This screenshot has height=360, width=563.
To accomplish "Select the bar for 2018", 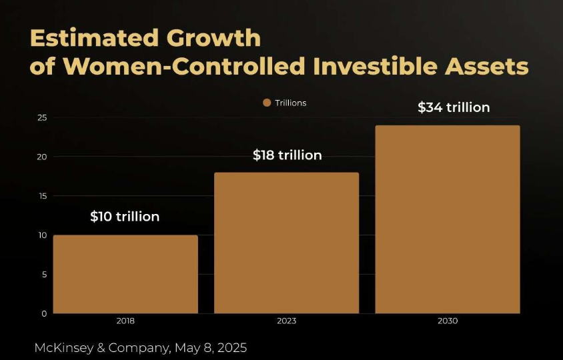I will point(125,274).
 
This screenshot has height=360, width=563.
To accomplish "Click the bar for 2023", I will point(286,243).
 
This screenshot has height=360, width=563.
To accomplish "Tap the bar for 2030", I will point(447,219).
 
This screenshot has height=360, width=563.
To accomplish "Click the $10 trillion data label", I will point(125,217).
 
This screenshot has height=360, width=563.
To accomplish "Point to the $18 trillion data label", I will point(287,155).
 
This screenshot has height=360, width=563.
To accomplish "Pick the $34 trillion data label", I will point(454,107).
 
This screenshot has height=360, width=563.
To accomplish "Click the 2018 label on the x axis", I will point(125,321).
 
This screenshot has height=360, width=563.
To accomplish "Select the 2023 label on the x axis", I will point(286,321).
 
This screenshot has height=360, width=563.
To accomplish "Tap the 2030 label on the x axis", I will point(448,321).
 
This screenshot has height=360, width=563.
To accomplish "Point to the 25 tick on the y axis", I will point(42,118).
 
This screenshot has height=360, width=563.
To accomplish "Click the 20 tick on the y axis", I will point(42,157).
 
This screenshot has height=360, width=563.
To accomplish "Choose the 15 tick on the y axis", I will point(42,196).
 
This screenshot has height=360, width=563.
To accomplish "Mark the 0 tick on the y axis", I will point(44,313).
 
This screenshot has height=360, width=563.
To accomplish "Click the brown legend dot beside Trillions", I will point(267,103).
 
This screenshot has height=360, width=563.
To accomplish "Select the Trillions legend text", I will point(290,103).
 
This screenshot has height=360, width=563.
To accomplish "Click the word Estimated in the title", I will point(88,38).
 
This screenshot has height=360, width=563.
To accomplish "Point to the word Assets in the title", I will point(485,67).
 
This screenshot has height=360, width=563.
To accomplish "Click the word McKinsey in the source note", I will point(65,348).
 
